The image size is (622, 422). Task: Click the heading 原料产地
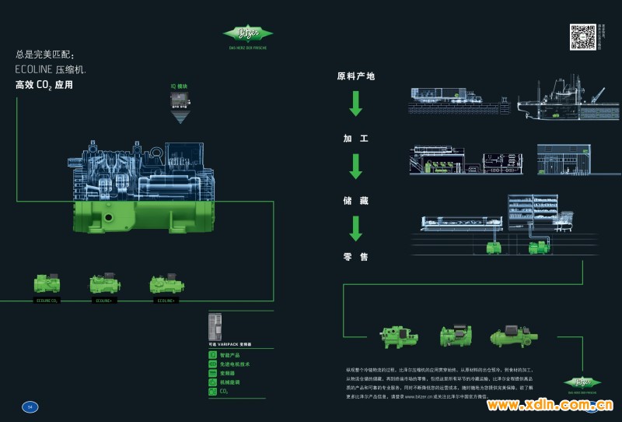355,76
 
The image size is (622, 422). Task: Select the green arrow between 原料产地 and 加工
355,104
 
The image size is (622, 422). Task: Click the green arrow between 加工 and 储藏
355,166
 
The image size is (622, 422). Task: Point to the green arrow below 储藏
355,227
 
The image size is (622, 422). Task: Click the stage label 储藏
355,200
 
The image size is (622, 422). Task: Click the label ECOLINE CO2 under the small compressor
47,300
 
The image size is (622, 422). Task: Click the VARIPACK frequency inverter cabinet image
217,326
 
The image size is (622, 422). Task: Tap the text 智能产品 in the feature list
232,354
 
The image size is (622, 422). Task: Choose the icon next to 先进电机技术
212,364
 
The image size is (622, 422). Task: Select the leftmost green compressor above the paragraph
397,336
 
